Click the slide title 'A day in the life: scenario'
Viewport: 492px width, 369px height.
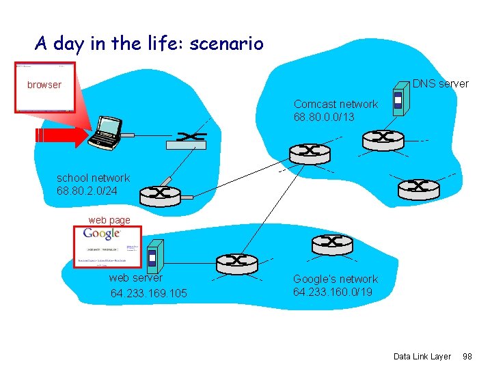(x=149, y=44)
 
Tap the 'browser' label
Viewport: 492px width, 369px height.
(x=44, y=85)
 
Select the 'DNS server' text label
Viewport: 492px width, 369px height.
(x=441, y=83)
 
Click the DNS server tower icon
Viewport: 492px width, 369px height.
(x=398, y=102)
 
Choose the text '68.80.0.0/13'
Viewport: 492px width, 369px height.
(x=324, y=118)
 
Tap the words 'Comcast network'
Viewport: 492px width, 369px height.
(x=335, y=104)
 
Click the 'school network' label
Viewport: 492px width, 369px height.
(x=93, y=178)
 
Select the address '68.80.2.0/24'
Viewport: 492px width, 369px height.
(x=87, y=191)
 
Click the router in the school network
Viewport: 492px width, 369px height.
(x=160, y=195)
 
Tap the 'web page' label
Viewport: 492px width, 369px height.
(x=109, y=220)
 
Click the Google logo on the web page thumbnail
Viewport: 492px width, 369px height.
(x=102, y=234)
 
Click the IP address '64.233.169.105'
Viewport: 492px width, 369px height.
(x=148, y=294)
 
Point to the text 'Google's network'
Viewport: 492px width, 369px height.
(x=335, y=279)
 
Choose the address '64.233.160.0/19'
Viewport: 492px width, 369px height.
(x=333, y=292)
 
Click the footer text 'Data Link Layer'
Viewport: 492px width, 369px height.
(x=422, y=356)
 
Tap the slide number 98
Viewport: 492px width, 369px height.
(x=467, y=356)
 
